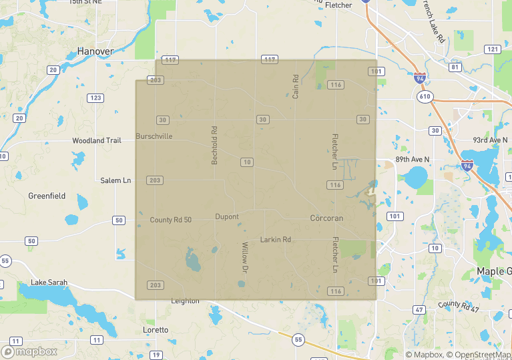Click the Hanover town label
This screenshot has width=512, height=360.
[95, 51]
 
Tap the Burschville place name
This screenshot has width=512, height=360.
[154, 136]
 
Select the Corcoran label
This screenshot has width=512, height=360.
[326, 218]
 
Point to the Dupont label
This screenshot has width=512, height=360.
[227, 217]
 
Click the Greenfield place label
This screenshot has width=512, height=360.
[47, 196]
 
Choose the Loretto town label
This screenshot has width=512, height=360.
[156, 330]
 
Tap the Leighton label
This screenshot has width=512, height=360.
[185, 301]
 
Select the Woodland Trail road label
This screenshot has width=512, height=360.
[97, 141]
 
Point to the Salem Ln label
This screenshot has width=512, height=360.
[115, 180]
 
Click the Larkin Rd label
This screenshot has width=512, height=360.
[276, 239]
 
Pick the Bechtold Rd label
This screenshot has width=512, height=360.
[215, 146]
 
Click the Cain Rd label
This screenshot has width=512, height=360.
[295, 87]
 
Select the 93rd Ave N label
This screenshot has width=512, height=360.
[489, 140]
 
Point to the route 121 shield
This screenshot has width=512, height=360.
[493, 49]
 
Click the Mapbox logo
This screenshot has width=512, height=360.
[29, 351]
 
